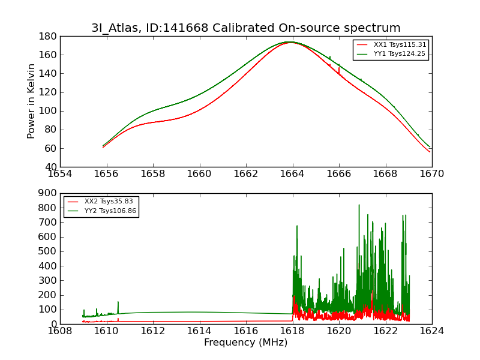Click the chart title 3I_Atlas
[x=245, y=28]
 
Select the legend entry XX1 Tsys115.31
[x=399, y=44]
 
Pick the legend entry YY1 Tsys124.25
[x=399, y=53]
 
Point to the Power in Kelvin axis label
[x=32, y=101]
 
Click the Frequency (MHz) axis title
[x=245, y=343]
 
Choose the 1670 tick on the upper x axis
[x=431, y=173]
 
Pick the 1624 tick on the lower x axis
[x=431, y=331]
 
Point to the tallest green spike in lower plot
[x=359, y=206]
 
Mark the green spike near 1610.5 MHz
[x=118, y=303]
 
